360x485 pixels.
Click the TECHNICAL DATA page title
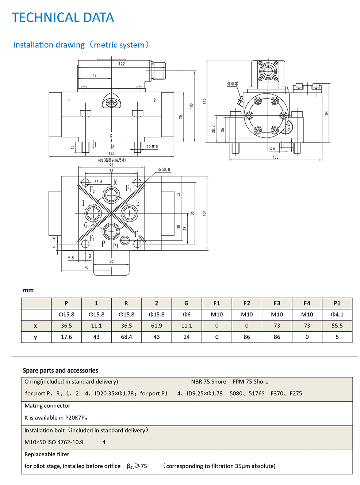(63, 18)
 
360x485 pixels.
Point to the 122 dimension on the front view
(122, 64)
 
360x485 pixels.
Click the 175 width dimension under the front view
(111, 154)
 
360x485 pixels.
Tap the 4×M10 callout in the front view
(152, 147)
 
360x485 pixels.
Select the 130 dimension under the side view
(275, 157)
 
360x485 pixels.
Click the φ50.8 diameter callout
(164, 170)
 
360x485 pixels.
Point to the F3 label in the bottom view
(129, 188)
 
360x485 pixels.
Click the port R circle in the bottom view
(111, 195)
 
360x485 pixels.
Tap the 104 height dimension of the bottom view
(204, 213)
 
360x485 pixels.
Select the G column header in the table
(187, 303)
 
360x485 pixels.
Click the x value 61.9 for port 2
(156, 326)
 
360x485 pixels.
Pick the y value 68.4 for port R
(126, 337)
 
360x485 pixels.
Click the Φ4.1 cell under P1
(337, 314)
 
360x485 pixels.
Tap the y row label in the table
(35, 337)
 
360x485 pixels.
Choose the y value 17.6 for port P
(66, 337)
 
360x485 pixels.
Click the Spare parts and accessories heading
(60, 370)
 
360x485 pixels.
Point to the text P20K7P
(75, 417)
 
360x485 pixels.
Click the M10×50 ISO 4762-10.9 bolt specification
(54, 442)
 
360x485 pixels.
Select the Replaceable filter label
(47, 454)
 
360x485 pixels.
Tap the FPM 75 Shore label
(250, 381)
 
